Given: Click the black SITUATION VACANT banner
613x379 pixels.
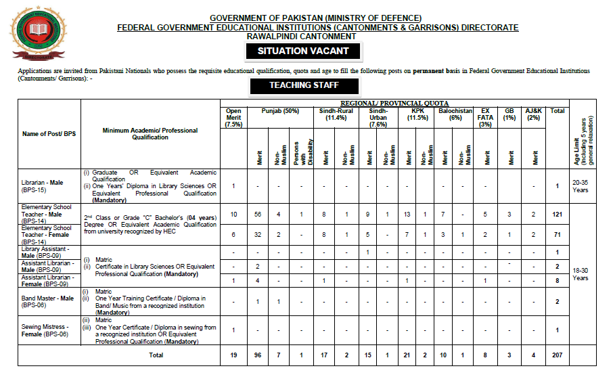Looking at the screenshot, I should tap(303, 51).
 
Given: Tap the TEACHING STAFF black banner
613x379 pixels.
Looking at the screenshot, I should tap(304, 86).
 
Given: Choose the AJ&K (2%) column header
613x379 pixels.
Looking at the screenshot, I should tap(534, 114).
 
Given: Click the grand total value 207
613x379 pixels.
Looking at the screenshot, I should tap(558, 354).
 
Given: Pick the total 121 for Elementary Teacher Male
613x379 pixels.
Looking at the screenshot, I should tap(558, 215).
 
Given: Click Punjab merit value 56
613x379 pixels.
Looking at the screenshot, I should tap(258, 215).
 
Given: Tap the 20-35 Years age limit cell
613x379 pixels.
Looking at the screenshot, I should tap(581, 186).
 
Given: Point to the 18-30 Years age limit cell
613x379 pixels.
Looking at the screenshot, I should tap(581, 273).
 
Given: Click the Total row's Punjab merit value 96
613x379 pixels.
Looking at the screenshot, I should tap(258, 354).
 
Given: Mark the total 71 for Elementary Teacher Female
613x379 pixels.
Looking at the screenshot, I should tap(558, 234).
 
